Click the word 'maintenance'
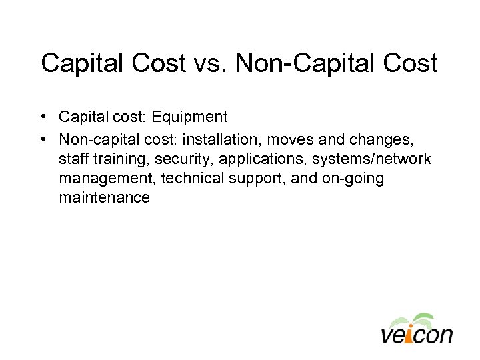(104, 198)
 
